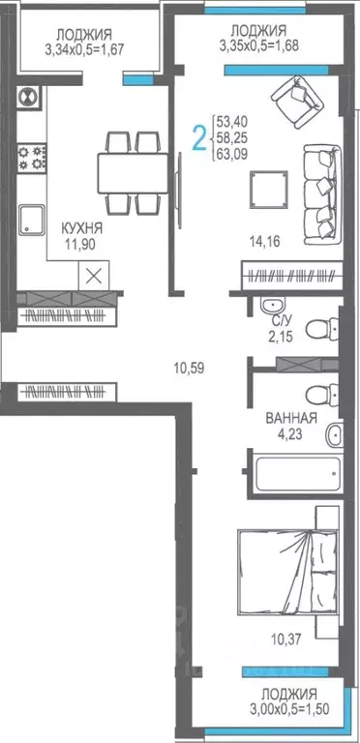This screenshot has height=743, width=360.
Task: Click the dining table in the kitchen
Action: coord(130,173)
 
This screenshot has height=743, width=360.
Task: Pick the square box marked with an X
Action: coord(93,274)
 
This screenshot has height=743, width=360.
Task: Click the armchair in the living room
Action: coord(295,99)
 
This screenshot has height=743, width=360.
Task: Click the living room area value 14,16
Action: coord(264,242)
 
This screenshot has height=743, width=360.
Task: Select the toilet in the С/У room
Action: coord(316,330)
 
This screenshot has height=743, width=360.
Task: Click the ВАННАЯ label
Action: coord(291,419)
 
